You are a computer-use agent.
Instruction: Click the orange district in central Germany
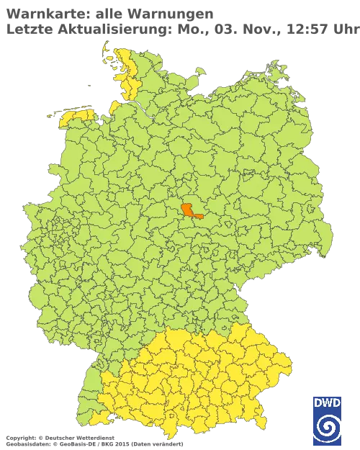pyautogui.click(x=189, y=210)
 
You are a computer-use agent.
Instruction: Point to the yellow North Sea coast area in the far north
pyautogui.click(x=123, y=72)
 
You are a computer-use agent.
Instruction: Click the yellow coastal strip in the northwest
pyautogui.click(x=75, y=114)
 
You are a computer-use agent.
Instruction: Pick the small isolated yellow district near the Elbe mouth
pyautogui.click(x=114, y=107)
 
